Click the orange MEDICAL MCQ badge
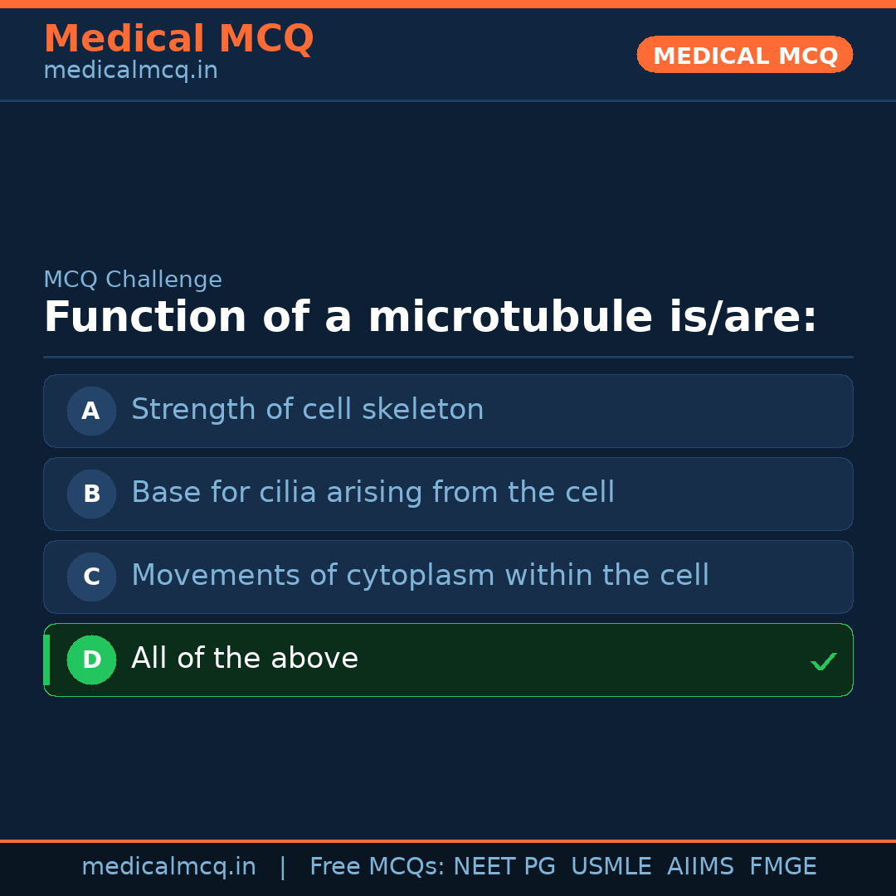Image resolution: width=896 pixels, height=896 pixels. pyautogui.click(x=745, y=55)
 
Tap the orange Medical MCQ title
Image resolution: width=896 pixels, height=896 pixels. pyautogui.click(x=178, y=39)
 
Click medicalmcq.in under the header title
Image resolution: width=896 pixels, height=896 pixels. pyautogui.click(x=130, y=71)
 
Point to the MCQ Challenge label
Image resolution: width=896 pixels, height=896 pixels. pyautogui.click(x=133, y=280)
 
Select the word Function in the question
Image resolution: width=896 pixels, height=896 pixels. pyautogui.click(x=145, y=318)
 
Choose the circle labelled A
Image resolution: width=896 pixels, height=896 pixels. pyautogui.click(x=91, y=411)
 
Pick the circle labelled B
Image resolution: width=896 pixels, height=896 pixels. pyautogui.click(x=91, y=494)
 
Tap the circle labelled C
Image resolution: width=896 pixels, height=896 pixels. pyautogui.click(x=91, y=577)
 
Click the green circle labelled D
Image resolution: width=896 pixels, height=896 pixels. pyautogui.click(x=91, y=660)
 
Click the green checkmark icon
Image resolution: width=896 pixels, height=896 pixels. pyautogui.click(x=823, y=661)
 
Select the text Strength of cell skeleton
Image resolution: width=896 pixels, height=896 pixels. pyautogui.click(x=307, y=410)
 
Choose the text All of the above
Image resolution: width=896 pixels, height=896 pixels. pyautogui.click(x=245, y=659)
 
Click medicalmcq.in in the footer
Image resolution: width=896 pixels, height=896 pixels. pyautogui.click(x=168, y=867)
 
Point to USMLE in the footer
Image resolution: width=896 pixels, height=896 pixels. pyautogui.click(x=611, y=867)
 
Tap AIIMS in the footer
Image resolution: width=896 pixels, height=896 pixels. pyautogui.click(x=700, y=867)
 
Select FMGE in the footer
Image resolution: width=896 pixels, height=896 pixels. pyautogui.click(x=782, y=867)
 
